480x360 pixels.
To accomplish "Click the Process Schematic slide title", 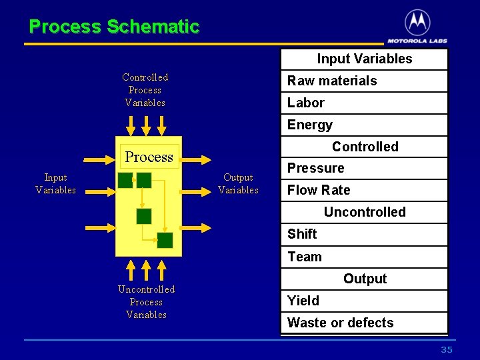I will pyautogui.click(x=114, y=27).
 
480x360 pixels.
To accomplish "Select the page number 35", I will pyautogui.click(x=447, y=350).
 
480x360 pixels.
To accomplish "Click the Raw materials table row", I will pyautogui.click(x=364, y=81).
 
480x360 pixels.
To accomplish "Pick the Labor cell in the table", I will pyautogui.click(x=364, y=103).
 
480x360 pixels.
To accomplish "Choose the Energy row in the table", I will pyautogui.click(x=364, y=125).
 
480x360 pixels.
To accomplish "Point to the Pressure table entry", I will pyautogui.click(x=364, y=168).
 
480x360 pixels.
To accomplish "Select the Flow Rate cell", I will pyautogui.click(x=364, y=190).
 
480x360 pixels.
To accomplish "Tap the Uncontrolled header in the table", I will pyautogui.click(x=364, y=212).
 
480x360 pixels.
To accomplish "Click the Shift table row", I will pyautogui.click(x=364, y=234).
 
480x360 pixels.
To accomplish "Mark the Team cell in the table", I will pyautogui.click(x=364, y=257).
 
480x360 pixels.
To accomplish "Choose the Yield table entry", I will pyautogui.click(x=364, y=301).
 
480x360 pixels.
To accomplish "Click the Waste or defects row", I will pyautogui.click(x=364, y=323).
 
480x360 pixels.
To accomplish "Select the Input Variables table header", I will pyautogui.click(x=364, y=59).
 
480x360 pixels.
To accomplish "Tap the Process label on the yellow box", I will pyautogui.click(x=149, y=157).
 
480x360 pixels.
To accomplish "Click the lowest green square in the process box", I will pyautogui.click(x=165, y=240).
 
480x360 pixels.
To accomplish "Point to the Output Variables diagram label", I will pyautogui.click(x=238, y=183).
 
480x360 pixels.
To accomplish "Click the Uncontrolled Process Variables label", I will pyautogui.click(x=146, y=302).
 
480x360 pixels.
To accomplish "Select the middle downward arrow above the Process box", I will pyautogui.click(x=147, y=125).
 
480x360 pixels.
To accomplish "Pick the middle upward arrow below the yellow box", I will pyautogui.click(x=147, y=269).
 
